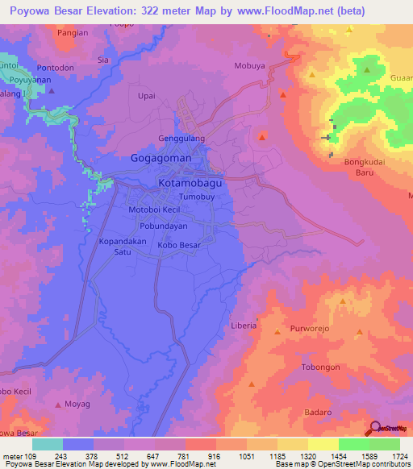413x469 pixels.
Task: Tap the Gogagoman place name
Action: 161,159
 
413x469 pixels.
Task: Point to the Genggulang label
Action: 181,139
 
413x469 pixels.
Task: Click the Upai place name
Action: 146,96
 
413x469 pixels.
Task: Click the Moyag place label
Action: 77,403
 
